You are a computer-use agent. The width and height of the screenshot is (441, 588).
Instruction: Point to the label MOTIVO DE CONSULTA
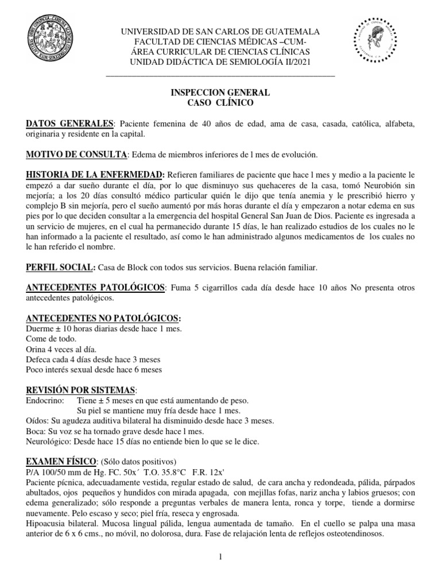76,155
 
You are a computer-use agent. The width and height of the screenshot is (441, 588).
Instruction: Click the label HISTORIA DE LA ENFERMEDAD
96,174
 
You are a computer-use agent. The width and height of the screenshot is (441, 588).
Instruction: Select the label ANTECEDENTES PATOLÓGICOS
95,287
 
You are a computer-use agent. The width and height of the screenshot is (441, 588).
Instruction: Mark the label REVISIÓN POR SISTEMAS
81,389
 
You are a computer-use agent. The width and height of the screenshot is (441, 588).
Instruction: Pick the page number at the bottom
221,557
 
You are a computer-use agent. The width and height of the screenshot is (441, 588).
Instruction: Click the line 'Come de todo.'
51,339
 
